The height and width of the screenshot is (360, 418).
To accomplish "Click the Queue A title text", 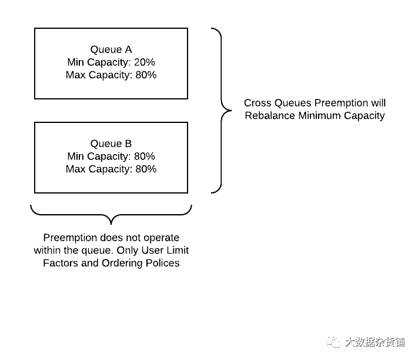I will (111, 49).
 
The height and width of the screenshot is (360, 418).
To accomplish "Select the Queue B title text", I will (111, 144).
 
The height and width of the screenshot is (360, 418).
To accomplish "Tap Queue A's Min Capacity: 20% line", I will (111, 62).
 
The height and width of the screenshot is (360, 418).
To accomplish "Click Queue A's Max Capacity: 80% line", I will (111, 75).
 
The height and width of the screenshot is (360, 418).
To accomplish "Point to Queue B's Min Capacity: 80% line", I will (111, 156).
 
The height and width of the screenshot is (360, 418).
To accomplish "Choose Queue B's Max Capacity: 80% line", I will (111, 169).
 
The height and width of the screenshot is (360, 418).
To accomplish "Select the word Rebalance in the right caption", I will (270, 116).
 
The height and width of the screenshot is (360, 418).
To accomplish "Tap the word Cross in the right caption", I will (257, 104).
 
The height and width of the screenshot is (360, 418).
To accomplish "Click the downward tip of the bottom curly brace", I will (111, 224).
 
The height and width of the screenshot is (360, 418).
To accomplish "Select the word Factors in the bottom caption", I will (62, 263).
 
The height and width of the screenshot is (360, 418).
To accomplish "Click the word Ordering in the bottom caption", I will (123, 263).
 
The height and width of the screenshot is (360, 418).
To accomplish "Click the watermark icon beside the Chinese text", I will (334, 342).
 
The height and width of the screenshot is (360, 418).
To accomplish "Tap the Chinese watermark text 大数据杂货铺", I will (374, 342).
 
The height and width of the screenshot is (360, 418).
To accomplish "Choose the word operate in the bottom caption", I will (160, 238).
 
